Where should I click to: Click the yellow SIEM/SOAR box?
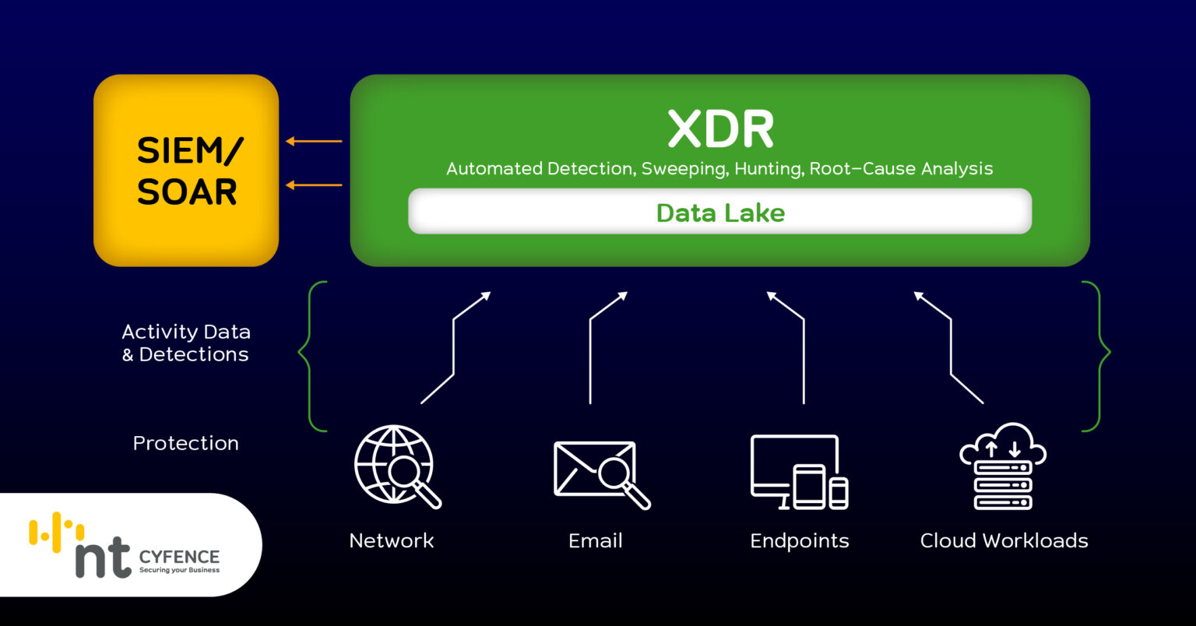tap(186, 170)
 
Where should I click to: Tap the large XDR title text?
tap(721, 129)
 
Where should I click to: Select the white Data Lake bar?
tap(719, 212)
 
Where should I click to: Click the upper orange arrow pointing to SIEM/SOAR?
tap(314, 141)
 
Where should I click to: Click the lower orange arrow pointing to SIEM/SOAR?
tap(314, 185)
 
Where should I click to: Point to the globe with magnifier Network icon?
tap(396, 466)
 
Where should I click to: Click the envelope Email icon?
tap(600, 472)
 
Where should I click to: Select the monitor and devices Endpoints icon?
tap(799, 472)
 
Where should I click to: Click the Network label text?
tap(391, 540)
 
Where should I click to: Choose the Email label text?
tap(595, 540)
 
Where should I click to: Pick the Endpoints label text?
tap(799, 540)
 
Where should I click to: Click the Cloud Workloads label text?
tap(1004, 540)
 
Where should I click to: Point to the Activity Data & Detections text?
tap(185, 343)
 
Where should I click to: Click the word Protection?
tap(185, 443)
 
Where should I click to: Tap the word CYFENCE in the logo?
tap(179, 557)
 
